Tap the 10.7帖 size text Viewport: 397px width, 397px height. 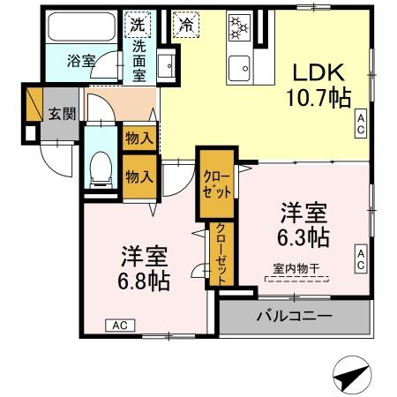pyautogui.click(x=313, y=97)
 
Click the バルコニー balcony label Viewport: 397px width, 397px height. pyautogui.click(x=294, y=316)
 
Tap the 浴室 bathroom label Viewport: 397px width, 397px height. pyautogui.click(x=82, y=61)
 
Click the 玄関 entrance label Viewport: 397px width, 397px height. pyautogui.click(x=62, y=114)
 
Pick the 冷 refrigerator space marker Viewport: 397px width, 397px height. pyautogui.click(x=186, y=24)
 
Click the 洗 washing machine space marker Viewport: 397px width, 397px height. pyautogui.click(x=139, y=24)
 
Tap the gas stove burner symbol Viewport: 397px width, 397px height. pyautogui.click(x=239, y=26)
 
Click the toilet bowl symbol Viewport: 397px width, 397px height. pyautogui.click(x=101, y=166)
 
